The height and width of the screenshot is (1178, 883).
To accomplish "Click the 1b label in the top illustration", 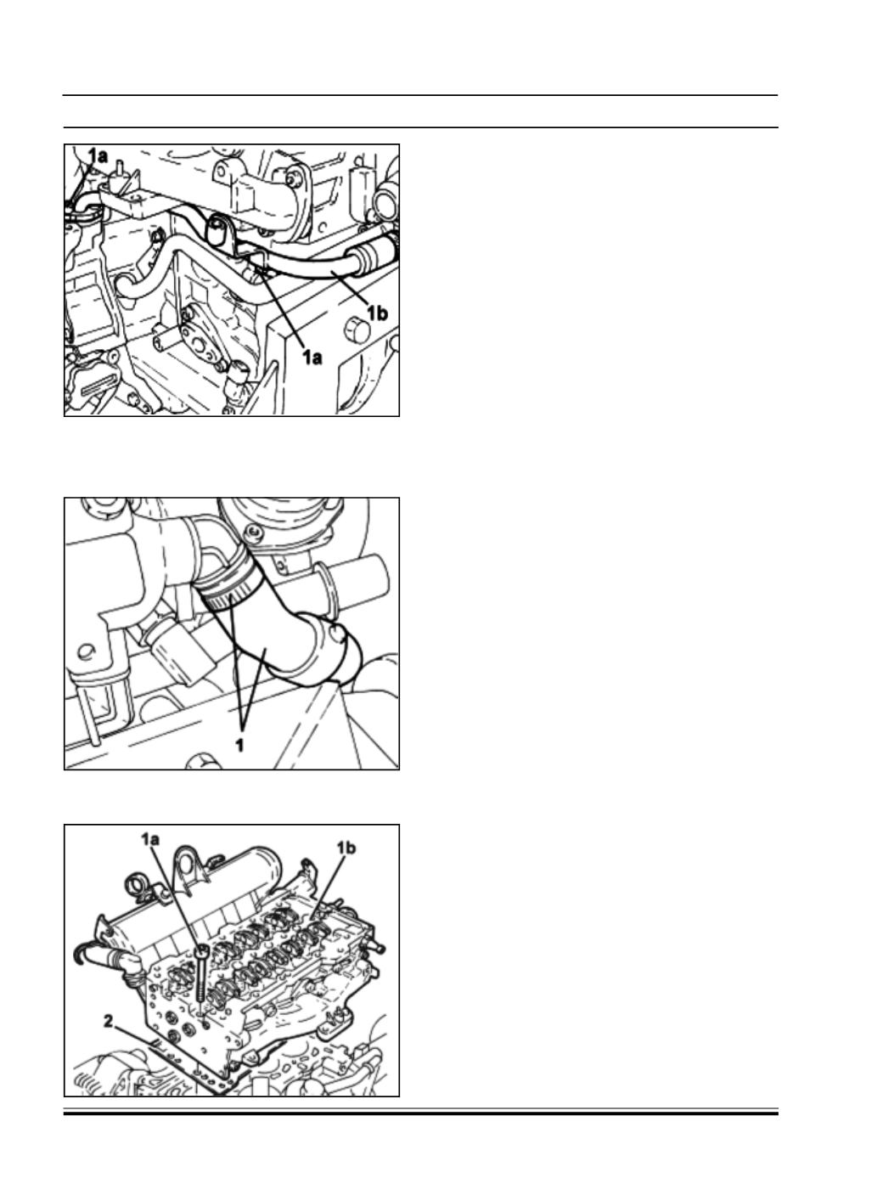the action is click(377, 313).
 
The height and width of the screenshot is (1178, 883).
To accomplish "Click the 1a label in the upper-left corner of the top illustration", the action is click(98, 155).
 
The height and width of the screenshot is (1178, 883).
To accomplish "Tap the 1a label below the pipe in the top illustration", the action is click(312, 356).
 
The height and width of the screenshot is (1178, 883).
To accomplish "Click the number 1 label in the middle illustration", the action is click(239, 745).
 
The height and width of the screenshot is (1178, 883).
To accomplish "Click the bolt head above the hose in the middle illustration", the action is click(253, 532).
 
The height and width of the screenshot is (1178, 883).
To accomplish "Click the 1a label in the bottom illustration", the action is click(150, 839).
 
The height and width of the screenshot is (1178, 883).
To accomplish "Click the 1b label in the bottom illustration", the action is click(346, 848).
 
